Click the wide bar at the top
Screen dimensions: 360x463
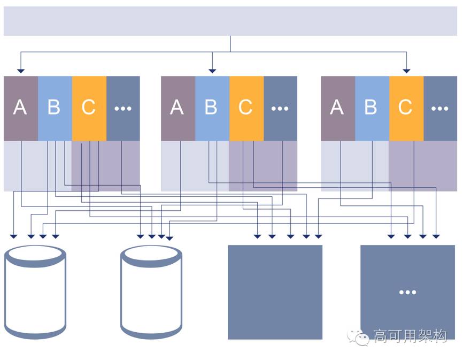point(230,21)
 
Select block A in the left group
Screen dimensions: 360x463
point(20,108)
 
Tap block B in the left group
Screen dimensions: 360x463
point(55,108)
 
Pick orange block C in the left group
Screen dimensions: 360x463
point(89,108)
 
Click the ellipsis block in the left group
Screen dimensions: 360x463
point(123,108)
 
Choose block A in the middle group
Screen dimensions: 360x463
point(178,108)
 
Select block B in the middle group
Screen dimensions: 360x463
point(212,108)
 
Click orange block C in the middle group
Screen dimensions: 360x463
point(246,108)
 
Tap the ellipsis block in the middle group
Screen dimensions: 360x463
point(280,108)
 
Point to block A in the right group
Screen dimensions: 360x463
point(337,108)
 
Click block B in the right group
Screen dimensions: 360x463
point(372,108)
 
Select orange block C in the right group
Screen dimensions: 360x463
point(406,108)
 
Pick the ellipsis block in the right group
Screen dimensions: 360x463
point(440,108)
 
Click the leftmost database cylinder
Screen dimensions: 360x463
point(35,292)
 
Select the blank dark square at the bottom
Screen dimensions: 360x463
point(275,292)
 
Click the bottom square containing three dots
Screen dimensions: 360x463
point(407,292)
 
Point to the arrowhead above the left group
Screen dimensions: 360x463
point(21,70)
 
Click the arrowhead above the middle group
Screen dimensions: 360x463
point(212,70)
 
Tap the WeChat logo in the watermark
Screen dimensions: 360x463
point(358,336)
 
